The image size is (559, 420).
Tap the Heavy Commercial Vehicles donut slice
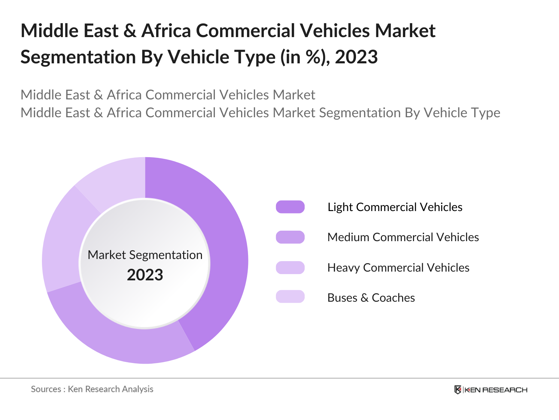coord(63,241)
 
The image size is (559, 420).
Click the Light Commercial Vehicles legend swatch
coord(290,207)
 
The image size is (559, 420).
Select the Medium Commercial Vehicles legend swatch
coord(290,237)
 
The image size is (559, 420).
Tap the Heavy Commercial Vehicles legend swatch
coord(290,267)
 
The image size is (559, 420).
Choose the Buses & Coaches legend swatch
coord(290,296)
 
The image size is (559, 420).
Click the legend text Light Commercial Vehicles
coord(395,207)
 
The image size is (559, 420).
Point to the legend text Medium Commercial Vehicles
coord(403,237)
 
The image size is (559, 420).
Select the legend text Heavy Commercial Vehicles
coord(398,268)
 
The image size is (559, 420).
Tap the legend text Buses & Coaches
coord(371,298)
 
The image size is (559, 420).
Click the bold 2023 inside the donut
coord(145,275)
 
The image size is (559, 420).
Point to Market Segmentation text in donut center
coord(145,255)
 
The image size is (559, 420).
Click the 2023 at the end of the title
coord(356,57)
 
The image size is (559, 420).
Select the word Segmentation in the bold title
coord(78,57)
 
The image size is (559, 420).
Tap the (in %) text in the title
coord(305,57)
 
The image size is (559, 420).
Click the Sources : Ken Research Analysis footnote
coord(92,389)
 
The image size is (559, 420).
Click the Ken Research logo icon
coord(458,390)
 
